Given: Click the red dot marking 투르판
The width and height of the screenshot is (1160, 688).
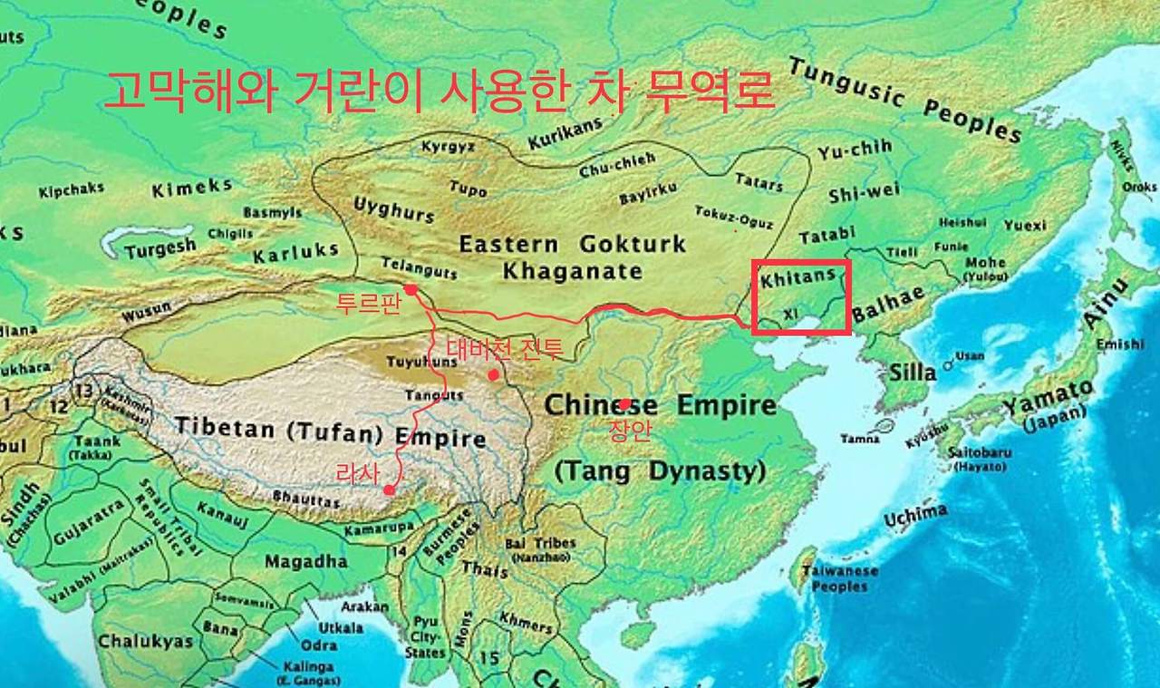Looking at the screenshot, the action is pyautogui.click(x=411, y=290).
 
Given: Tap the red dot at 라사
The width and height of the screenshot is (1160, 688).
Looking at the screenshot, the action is pyautogui.click(x=389, y=490).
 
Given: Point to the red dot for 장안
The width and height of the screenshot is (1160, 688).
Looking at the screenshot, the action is pyautogui.click(x=625, y=403).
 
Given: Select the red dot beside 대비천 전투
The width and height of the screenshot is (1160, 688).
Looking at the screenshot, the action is pyautogui.click(x=493, y=374).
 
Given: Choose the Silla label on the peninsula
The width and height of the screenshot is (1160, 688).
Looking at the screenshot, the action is pyautogui.click(x=913, y=372).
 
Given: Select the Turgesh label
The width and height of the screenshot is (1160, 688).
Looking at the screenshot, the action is pyautogui.click(x=159, y=247).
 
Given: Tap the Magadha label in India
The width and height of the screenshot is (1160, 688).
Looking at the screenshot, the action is pyautogui.click(x=307, y=561).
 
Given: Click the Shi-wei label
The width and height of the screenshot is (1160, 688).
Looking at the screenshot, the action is pyautogui.click(x=864, y=192).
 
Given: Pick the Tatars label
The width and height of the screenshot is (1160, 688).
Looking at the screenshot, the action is pyautogui.click(x=759, y=181).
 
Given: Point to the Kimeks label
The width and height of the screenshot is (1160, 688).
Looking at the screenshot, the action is pyautogui.click(x=191, y=188).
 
